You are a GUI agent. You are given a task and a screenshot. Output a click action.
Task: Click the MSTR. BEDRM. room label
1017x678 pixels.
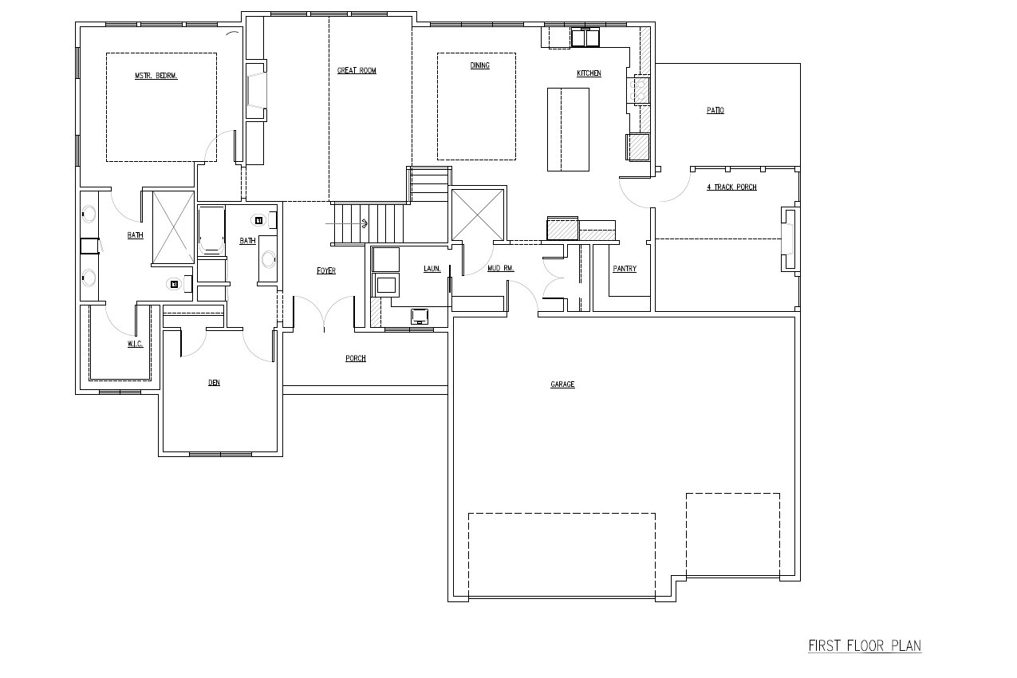point(156,76)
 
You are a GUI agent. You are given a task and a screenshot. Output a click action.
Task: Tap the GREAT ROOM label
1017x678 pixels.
point(357,71)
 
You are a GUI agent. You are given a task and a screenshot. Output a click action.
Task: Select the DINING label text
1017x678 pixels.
point(479,65)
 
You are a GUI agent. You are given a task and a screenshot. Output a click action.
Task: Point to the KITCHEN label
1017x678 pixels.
point(589,73)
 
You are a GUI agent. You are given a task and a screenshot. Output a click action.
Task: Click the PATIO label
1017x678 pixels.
point(715,110)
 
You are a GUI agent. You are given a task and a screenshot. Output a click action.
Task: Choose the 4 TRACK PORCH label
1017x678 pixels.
point(731,187)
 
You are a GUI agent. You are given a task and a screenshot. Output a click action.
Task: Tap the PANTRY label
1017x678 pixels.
point(625,269)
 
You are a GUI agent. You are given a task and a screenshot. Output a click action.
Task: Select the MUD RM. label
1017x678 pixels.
point(500,269)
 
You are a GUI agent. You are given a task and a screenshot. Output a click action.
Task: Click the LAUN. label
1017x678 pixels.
point(432,269)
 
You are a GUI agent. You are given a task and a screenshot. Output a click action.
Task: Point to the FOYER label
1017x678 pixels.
point(325,271)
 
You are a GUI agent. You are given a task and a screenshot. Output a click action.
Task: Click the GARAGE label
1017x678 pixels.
point(562,384)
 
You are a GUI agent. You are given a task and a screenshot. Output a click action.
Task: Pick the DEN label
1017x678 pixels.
point(214,383)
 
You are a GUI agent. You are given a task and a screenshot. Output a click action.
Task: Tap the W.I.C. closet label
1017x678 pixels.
point(135,344)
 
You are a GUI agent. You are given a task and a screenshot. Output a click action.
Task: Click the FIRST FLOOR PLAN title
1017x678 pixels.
point(865,645)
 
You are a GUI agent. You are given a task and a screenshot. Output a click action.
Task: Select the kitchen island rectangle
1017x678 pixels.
point(568,129)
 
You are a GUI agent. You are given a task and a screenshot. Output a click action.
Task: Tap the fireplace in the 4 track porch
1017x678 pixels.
point(789,239)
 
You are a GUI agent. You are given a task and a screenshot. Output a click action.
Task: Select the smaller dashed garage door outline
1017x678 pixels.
point(732,534)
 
